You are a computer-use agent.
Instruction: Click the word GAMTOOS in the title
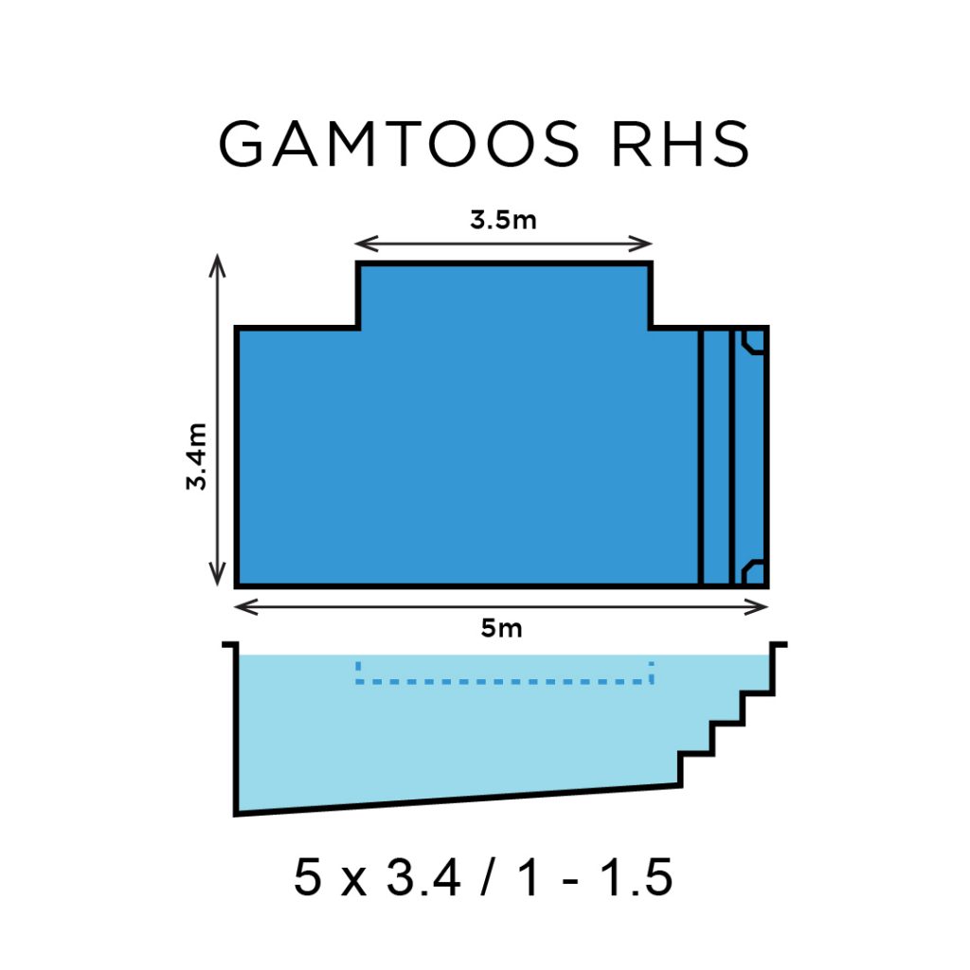[x=398, y=145]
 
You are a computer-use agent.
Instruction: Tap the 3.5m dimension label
[x=503, y=221]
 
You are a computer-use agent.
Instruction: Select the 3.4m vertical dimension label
[x=197, y=456]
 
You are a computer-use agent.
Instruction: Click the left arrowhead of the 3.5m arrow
[x=362, y=244]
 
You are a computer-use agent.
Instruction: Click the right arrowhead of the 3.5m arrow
[x=647, y=244]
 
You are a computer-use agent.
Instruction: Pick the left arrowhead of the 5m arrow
[x=241, y=606]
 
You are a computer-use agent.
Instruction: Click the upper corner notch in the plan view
[x=753, y=341]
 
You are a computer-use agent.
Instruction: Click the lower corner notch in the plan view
[x=753, y=570]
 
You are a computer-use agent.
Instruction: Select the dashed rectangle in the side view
[x=504, y=673]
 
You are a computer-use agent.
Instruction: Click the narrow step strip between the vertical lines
[x=716, y=456]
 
